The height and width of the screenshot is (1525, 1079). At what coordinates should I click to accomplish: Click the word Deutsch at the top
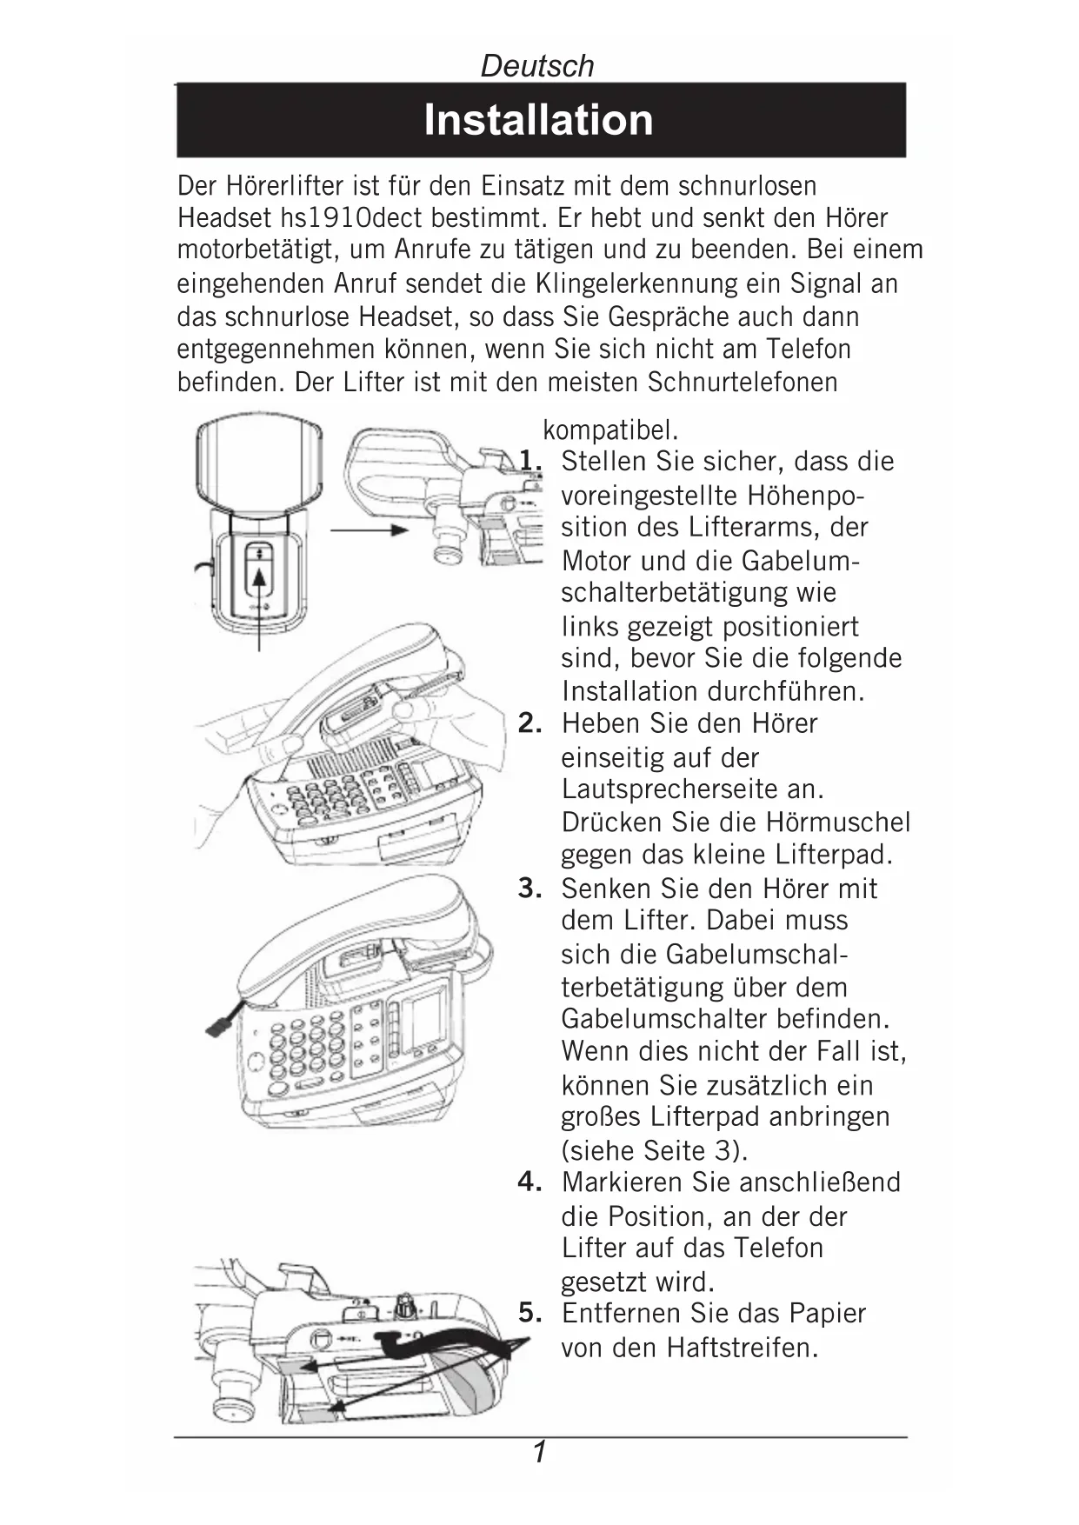point(537,66)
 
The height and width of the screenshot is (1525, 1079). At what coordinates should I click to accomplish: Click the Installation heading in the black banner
point(538,120)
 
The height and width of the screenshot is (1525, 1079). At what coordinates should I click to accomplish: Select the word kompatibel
point(610,430)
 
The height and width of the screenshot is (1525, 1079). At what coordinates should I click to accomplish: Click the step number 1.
point(530,461)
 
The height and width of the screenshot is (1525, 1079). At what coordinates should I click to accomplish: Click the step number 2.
point(530,723)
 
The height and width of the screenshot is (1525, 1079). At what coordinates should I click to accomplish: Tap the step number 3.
point(530,888)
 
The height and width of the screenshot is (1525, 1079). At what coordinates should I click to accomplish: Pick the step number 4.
point(530,1182)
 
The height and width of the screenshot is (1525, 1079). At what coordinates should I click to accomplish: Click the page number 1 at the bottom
point(540,1452)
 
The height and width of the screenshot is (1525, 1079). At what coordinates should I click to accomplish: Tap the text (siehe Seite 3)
point(654,1149)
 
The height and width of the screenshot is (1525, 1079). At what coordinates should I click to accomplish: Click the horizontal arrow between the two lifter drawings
point(370,529)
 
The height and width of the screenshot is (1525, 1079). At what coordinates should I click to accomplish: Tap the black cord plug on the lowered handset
point(217,1022)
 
